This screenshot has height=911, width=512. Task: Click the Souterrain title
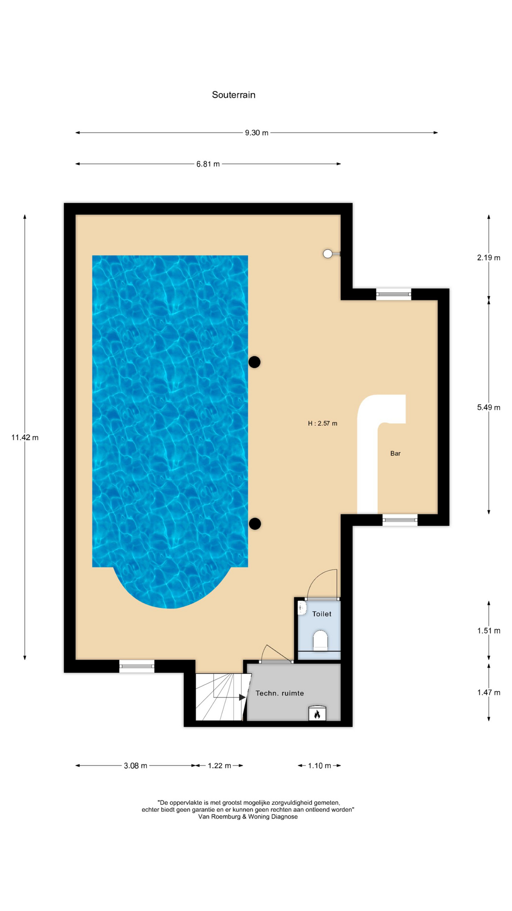pos(234,95)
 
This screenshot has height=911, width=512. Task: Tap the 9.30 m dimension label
pos(256,133)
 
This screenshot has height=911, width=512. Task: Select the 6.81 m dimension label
pos(208,164)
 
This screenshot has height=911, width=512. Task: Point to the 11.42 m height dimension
pos(25,437)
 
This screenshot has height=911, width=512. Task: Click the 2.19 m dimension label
pos(489,258)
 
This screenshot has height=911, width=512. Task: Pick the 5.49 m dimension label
pos(489,407)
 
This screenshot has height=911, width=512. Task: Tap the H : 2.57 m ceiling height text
pos(322,423)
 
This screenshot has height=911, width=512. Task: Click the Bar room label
pos(395,454)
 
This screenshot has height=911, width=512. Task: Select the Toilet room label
pos(322,614)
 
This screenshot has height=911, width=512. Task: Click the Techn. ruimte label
pos(280,693)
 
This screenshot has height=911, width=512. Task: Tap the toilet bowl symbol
pos(320,640)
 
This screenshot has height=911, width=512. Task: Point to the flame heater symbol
pos(317,714)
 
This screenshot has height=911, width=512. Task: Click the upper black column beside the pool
pos(255,362)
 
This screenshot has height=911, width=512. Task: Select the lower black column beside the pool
pos(255,524)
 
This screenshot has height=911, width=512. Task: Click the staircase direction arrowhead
pos(242,697)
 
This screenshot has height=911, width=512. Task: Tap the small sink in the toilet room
pos(302,607)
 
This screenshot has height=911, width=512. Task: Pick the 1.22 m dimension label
pos(219,765)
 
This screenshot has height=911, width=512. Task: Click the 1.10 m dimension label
pos(320,765)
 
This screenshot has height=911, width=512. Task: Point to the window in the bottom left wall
pos(137,666)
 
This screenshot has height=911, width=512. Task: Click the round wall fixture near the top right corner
pos(328,254)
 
